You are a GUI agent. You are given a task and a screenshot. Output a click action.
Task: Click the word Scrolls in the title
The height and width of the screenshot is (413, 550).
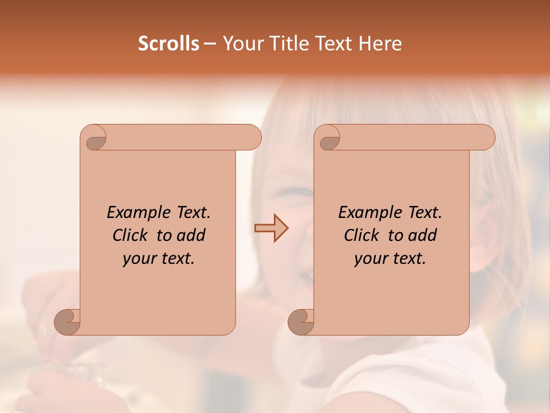coord(168,44)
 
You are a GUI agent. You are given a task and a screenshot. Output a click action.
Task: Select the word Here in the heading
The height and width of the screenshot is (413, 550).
coord(380,44)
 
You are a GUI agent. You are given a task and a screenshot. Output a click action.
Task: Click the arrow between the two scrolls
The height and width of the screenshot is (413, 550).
coord(272,228)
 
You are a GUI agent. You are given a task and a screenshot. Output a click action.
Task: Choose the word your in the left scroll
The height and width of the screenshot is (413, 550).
coord(138,259)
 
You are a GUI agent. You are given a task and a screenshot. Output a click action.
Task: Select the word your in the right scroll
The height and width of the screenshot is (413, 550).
coord(370,259)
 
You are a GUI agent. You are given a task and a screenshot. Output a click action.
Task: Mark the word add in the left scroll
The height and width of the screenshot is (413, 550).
coord(192,235)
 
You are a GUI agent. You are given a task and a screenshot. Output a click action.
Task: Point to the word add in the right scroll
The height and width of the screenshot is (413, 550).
coord(423,235)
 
